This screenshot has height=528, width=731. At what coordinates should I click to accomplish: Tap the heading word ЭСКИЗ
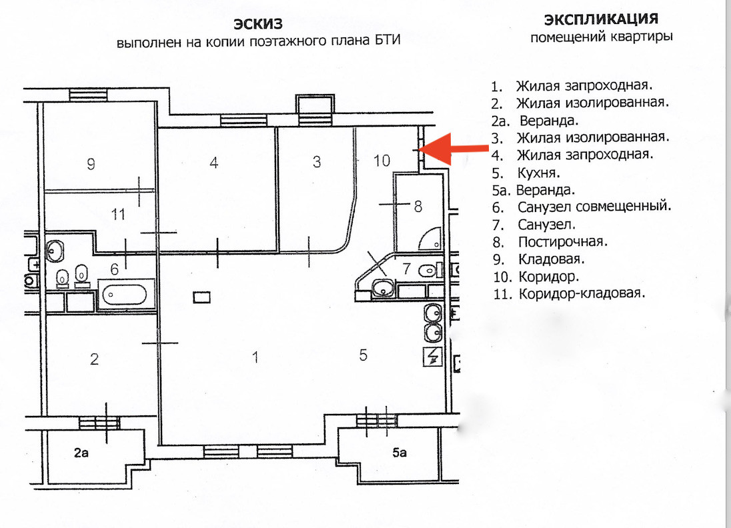tap(258, 25)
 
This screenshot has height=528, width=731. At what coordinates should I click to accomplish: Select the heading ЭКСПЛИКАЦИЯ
tap(601, 19)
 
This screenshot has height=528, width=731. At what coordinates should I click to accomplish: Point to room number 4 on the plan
tap(213, 162)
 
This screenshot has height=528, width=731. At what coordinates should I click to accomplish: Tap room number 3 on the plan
tap(317, 161)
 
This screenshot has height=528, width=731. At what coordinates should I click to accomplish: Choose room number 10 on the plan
tap(381, 161)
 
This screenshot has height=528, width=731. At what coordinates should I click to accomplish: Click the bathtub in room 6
tap(126, 294)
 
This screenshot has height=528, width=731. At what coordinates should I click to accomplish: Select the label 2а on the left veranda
tap(81, 453)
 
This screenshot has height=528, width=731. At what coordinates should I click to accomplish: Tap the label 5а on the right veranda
tap(400, 453)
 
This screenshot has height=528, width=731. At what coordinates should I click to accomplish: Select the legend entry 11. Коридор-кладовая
tap(572, 293)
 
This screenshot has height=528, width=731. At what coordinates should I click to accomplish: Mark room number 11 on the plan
tap(118, 215)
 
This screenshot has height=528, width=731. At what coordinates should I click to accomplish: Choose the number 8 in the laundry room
tap(418, 206)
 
